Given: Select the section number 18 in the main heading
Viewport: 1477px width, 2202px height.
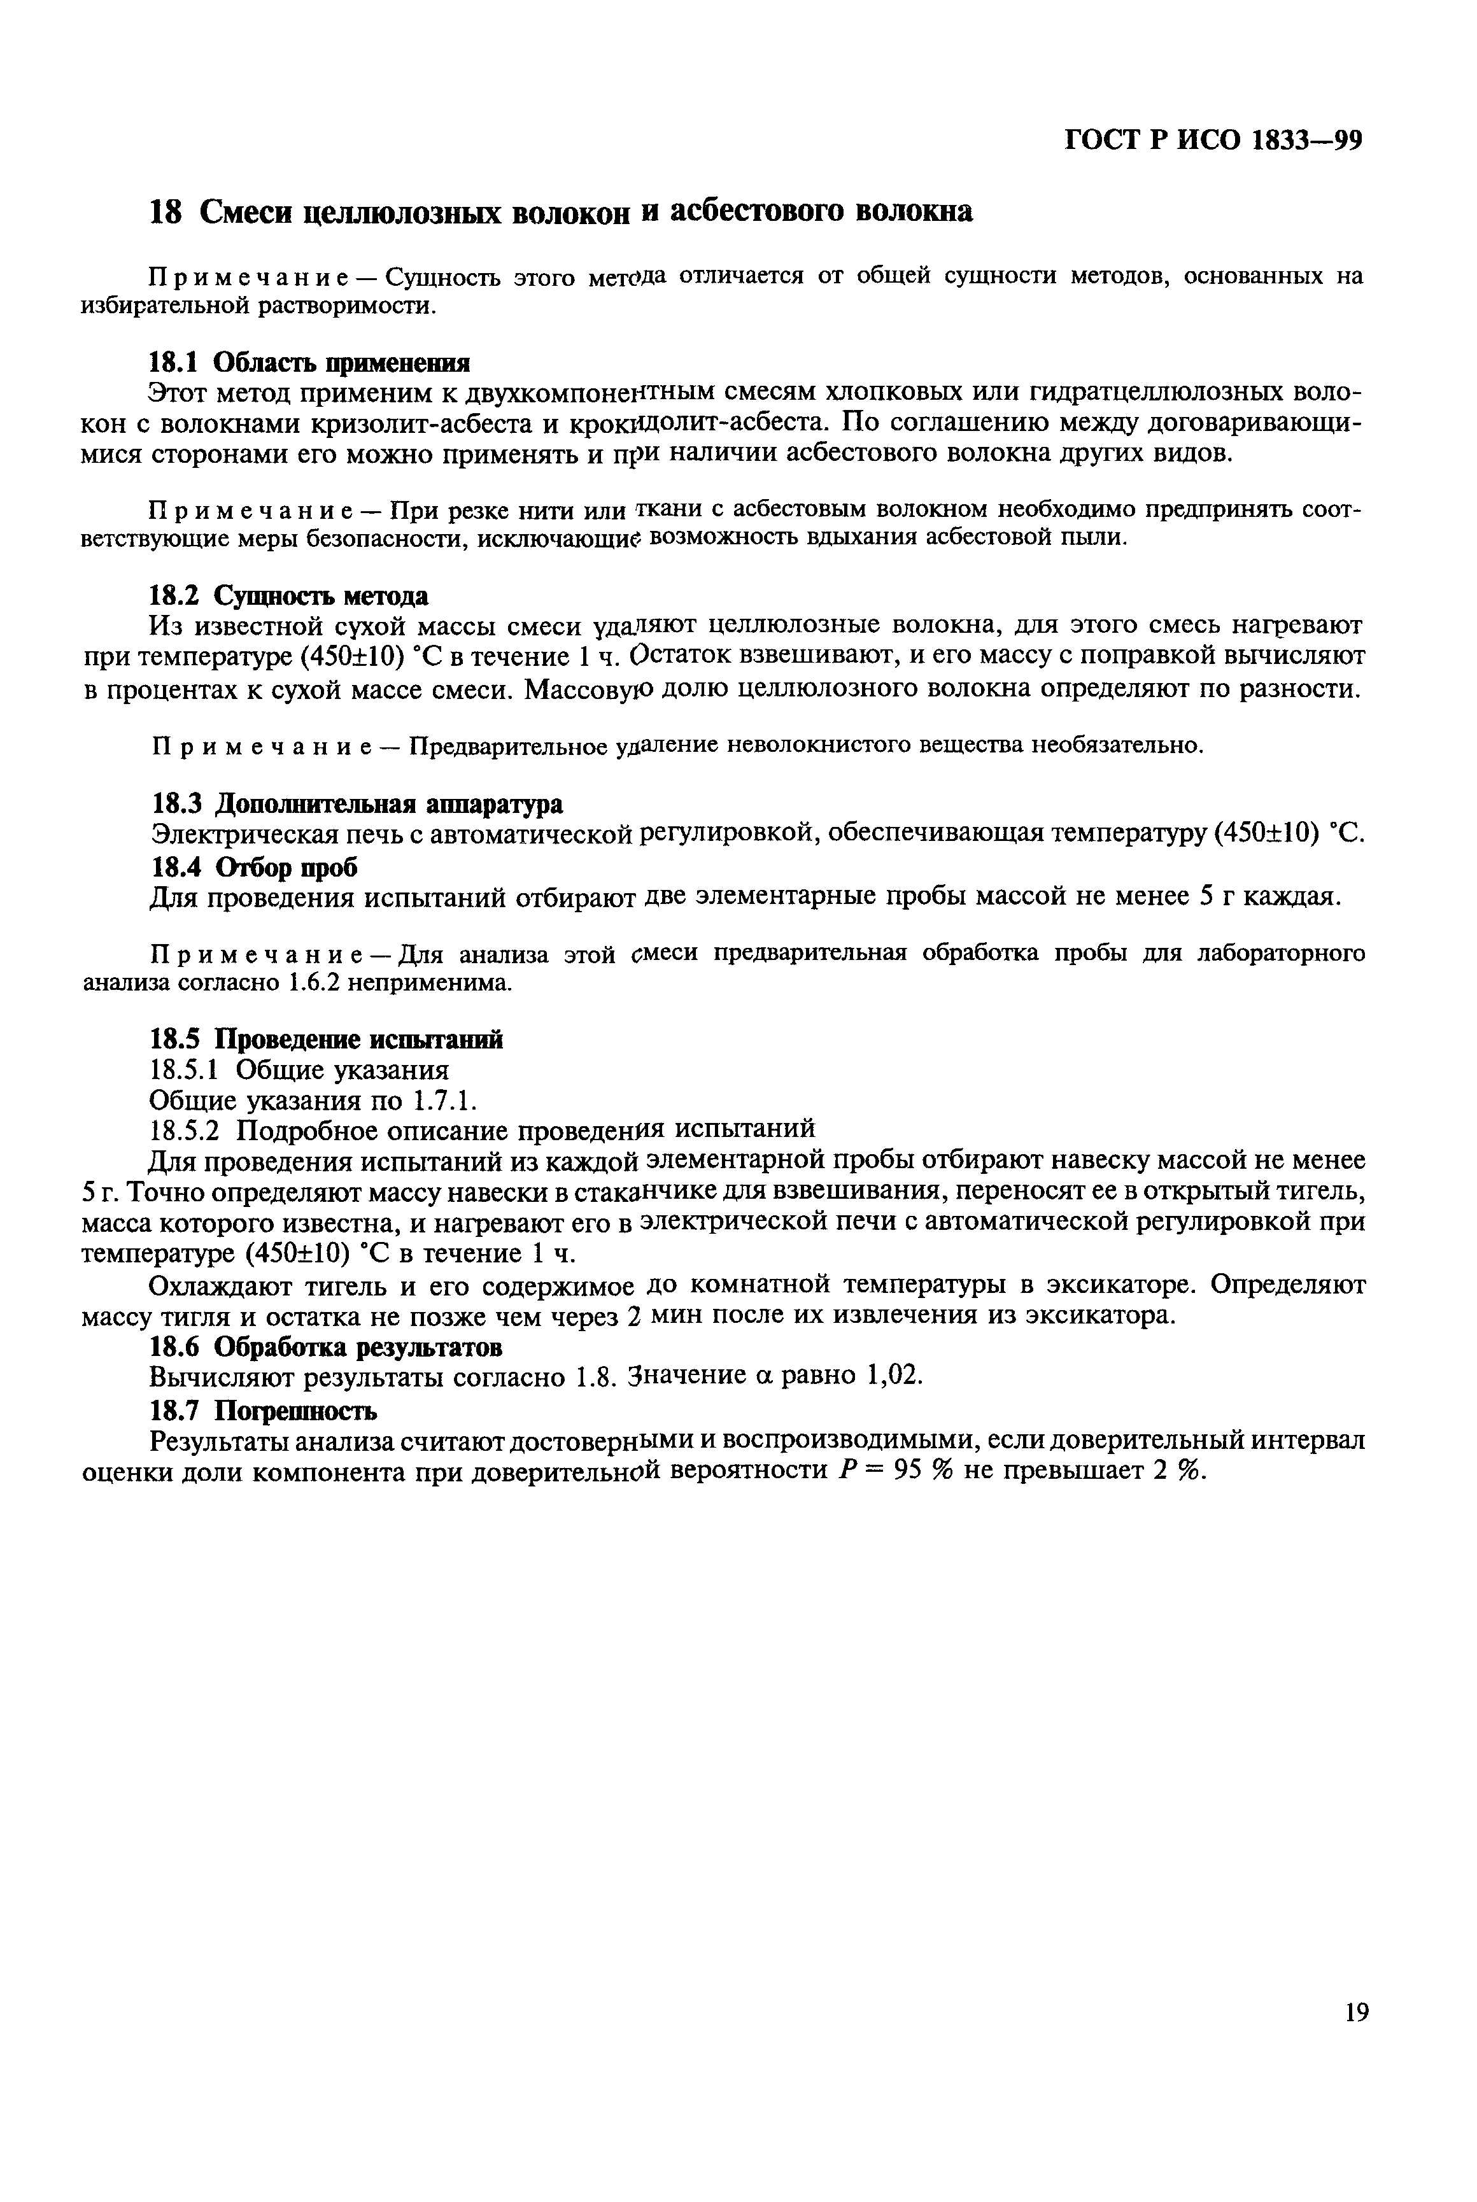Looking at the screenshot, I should (x=166, y=212).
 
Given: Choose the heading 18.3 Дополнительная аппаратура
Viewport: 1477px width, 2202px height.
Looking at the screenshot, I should (x=357, y=804).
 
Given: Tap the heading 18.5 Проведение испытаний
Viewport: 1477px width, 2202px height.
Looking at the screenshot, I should (x=327, y=1040).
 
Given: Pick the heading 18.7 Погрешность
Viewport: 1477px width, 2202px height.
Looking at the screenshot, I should (x=264, y=1410).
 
